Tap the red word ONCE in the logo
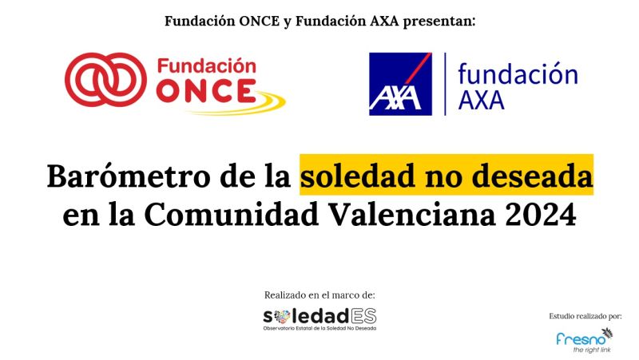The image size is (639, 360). click(x=206, y=91)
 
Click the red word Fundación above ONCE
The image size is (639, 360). click(x=207, y=66)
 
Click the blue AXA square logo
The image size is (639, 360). click(x=400, y=84)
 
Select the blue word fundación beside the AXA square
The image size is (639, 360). click(x=518, y=73)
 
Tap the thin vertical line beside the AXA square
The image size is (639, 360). click(x=445, y=84)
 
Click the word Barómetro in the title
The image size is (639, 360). click(x=128, y=176)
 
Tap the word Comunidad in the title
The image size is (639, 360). click(x=231, y=215)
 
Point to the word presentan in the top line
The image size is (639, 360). click(x=439, y=22)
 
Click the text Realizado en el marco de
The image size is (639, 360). click(x=319, y=295)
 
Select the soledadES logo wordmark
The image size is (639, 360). click(x=319, y=316)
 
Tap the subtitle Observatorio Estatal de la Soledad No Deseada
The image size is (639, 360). click(x=319, y=328)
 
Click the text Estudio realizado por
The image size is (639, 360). click(x=585, y=316)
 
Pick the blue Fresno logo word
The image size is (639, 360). click(x=581, y=338)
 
